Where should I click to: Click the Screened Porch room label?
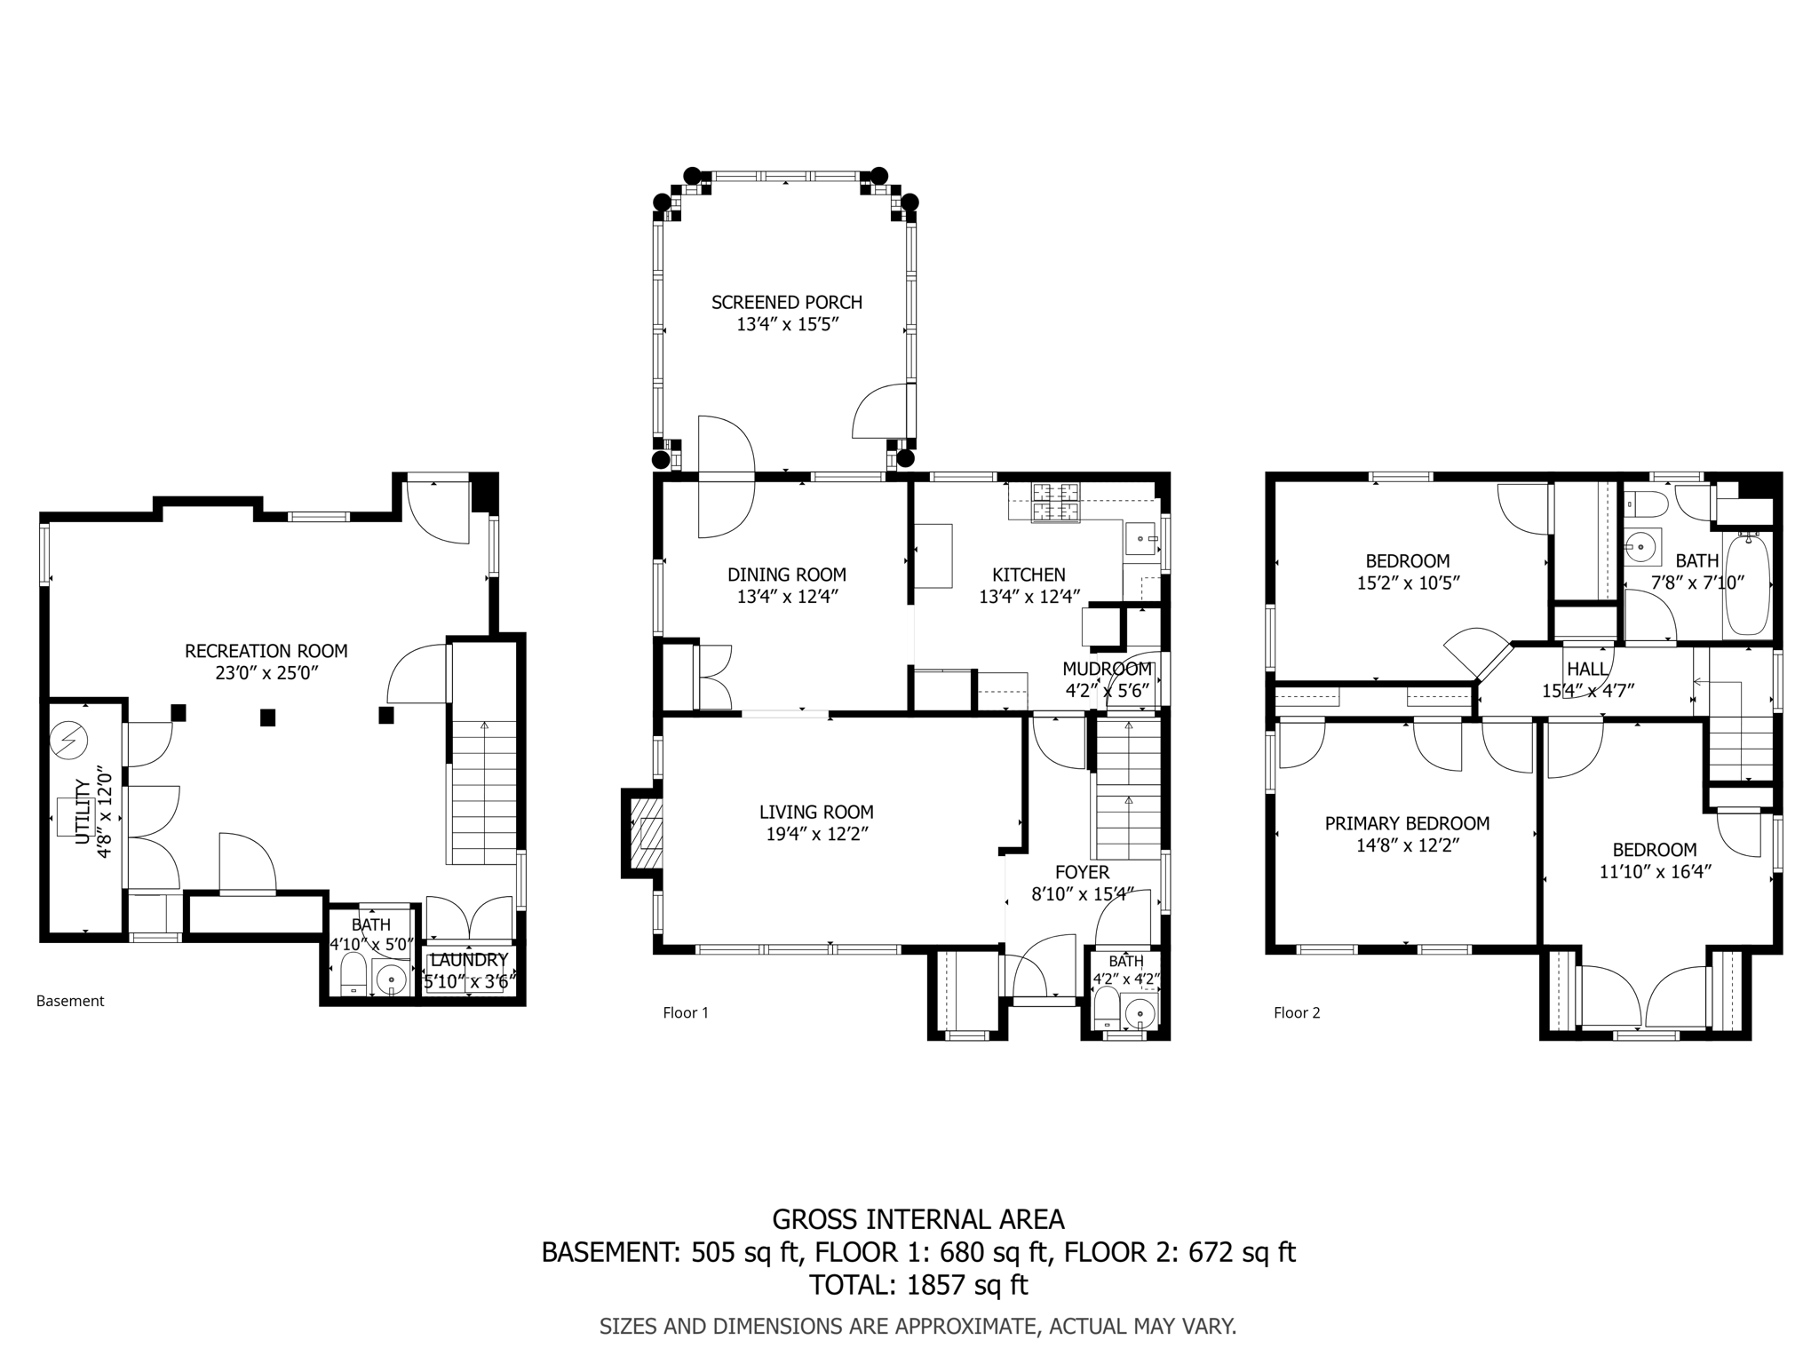click(786, 303)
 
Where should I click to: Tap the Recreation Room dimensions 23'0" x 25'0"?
click(266, 673)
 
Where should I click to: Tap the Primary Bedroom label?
click(1407, 823)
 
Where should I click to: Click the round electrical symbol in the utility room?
click(69, 741)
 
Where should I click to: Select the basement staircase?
click(484, 790)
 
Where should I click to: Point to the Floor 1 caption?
click(686, 1012)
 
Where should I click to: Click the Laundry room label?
click(468, 960)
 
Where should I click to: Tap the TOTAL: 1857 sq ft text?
click(917, 1285)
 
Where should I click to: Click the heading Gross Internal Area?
click(917, 1219)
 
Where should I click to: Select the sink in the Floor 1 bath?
click(1140, 1011)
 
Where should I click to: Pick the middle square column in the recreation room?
click(267, 718)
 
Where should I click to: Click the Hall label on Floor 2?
click(1586, 669)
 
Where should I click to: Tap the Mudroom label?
click(1107, 669)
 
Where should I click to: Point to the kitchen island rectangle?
click(933, 556)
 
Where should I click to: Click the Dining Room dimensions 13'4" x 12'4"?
click(787, 597)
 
